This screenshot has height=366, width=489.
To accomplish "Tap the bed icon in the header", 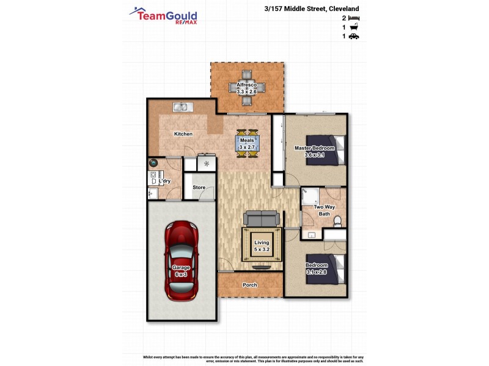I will (x=353, y=18).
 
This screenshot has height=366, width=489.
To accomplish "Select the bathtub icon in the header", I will (x=353, y=27).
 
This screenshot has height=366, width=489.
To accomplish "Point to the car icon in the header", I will (x=353, y=37).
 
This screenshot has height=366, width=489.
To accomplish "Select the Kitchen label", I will (x=183, y=134).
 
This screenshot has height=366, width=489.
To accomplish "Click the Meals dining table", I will (x=247, y=144).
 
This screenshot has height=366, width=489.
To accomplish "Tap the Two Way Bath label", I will (x=322, y=210).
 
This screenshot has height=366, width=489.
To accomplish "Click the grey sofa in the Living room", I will (x=262, y=218).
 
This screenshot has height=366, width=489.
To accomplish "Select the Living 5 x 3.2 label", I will (x=262, y=246).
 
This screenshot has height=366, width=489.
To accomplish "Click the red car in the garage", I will (x=181, y=260).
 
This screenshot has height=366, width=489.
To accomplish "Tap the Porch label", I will (x=250, y=285).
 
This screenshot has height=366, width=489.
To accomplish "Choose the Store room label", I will (x=199, y=187).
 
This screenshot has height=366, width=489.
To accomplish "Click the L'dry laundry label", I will (x=164, y=181).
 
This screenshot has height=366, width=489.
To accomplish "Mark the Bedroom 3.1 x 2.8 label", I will (x=317, y=268).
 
